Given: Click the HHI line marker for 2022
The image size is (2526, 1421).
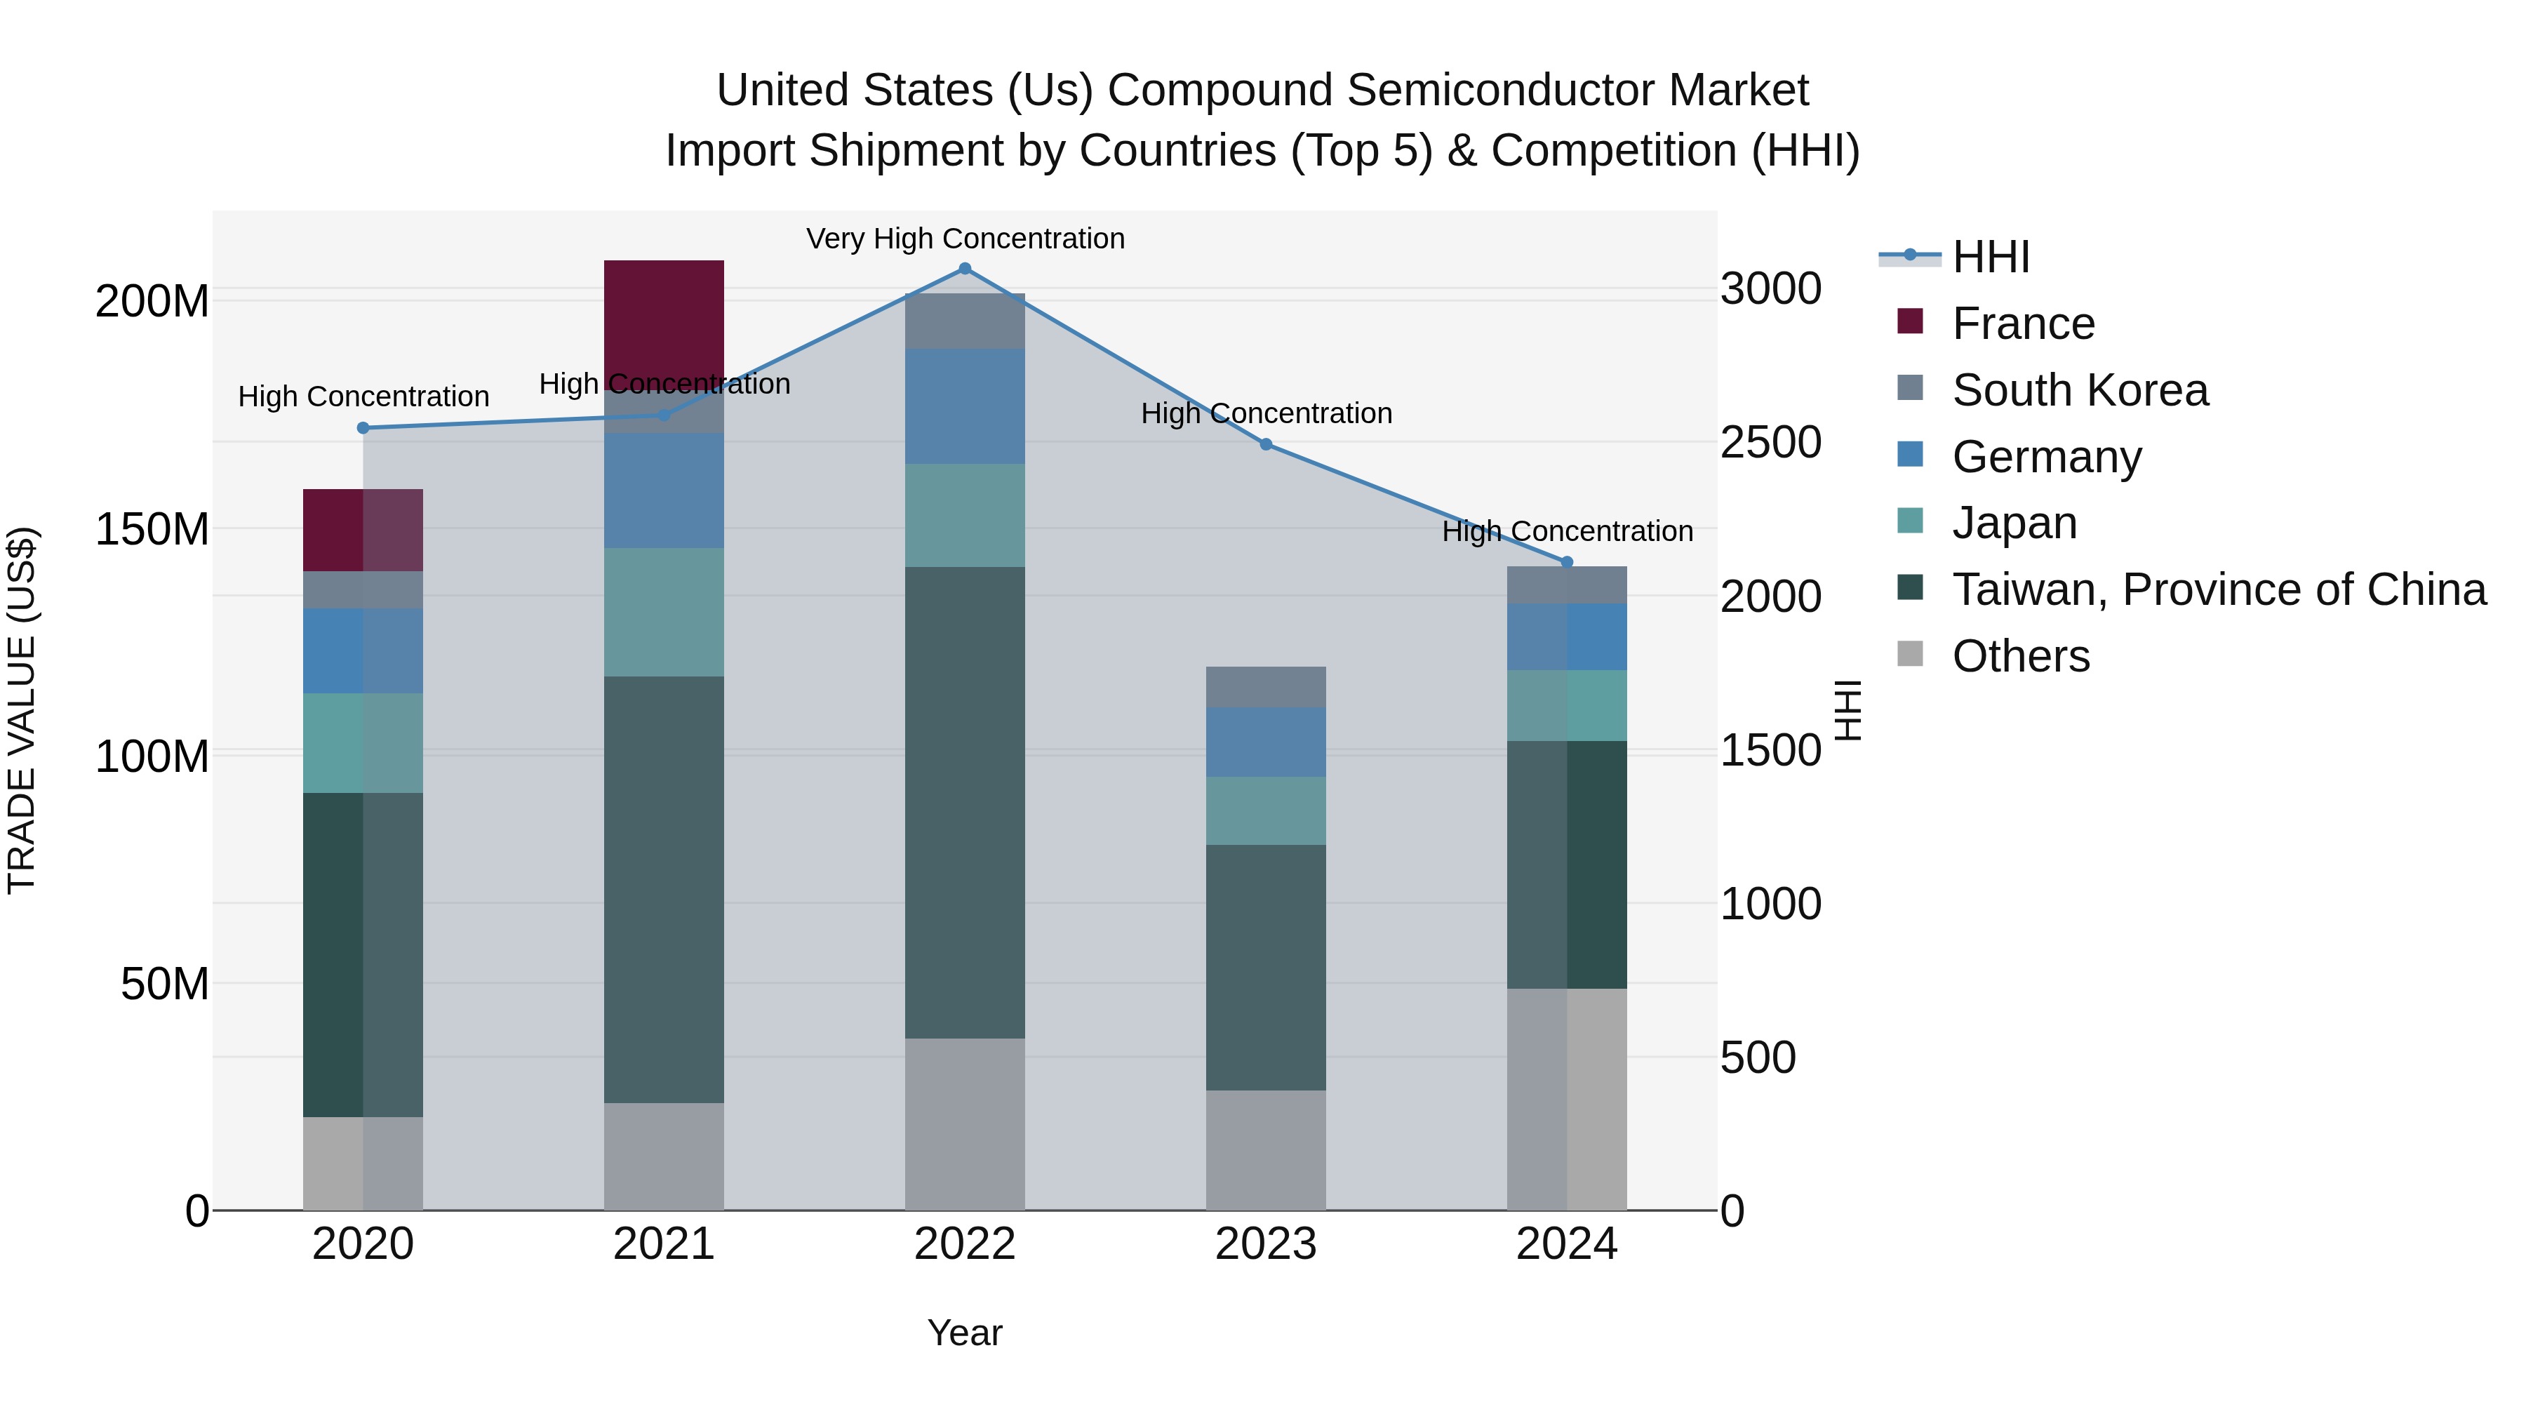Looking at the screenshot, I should coord(964,269).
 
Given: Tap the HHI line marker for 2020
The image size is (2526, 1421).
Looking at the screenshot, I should coord(363,427).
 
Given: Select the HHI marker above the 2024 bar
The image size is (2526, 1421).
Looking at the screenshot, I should coord(1566,562).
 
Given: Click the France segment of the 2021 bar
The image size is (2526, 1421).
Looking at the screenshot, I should coord(664,319).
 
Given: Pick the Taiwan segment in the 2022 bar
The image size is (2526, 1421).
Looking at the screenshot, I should coord(964,802).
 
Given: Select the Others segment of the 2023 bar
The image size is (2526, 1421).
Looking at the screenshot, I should coord(1265,1149).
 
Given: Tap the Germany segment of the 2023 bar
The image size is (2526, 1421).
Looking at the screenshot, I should coord(1265,742).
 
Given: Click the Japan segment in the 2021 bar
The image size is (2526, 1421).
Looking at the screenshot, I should coord(664,612).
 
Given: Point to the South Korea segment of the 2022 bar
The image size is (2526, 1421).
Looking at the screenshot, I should coord(964,321).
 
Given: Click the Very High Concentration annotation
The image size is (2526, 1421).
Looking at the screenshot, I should coord(965,239).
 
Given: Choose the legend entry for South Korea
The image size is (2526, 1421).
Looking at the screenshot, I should coord(2079,390).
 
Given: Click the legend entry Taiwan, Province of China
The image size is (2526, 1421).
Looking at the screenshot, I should coord(2218,589).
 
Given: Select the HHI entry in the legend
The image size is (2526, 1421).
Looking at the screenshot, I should coord(1991,257).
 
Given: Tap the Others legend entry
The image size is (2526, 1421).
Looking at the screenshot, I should coord(2020,656).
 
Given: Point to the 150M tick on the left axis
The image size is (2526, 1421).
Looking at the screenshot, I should coord(152,530).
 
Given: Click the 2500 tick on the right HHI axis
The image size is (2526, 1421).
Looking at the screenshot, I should coord(1770,442).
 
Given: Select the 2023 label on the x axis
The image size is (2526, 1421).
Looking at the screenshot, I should coord(1265,1244).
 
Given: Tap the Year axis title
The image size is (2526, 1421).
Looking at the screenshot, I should coord(964,1333).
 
